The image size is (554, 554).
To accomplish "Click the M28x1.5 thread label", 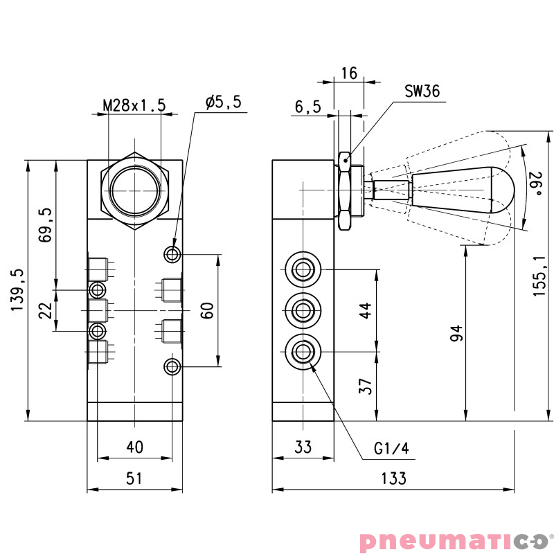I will click(134, 105).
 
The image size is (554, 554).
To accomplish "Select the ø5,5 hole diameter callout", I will click(223, 102).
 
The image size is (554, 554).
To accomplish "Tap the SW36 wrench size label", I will click(422, 91).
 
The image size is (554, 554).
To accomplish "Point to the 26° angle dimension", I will click(535, 184).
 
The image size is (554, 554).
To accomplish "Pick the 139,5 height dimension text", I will click(17, 289).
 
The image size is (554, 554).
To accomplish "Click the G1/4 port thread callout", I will click(392, 449).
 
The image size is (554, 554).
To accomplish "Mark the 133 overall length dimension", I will click(393, 478).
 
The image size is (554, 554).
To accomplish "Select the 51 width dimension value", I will click(134, 478).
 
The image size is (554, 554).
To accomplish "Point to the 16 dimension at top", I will click(348, 73).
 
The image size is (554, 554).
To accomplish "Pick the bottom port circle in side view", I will click(303, 352).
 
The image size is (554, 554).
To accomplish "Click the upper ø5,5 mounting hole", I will click(172, 254).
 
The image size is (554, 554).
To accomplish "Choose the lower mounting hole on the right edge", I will click(172, 366).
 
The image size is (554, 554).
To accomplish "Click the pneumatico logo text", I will click(454, 539).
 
